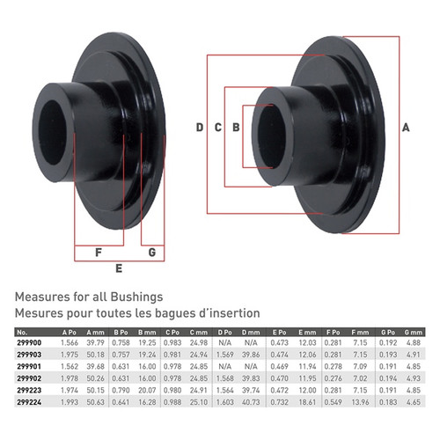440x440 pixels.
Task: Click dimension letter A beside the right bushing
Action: pyautogui.click(x=406, y=128)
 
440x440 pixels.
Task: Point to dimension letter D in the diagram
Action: pyautogui.click(x=200, y=128)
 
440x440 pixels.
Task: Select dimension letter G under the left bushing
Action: pyautogui.click(x=152, y=252)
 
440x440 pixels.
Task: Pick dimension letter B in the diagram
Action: pyautogui.click(x=235, y=128)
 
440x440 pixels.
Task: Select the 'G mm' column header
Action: pyautogui.click(x=412, y=330)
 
